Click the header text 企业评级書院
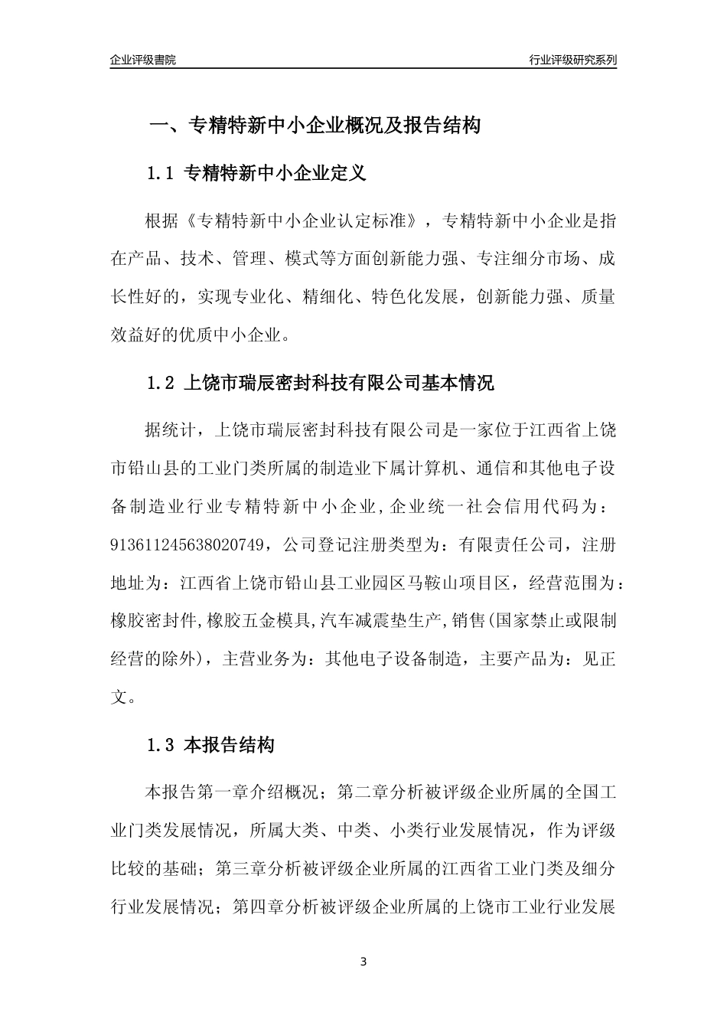pyautogui.click(x=143, y=60)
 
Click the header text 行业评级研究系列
pyautogui.click(x=572, y=60)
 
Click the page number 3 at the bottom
pyautogui.click(x=363, y=962)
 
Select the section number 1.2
pyautogui.click(x=161, y=383)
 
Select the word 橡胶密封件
pyautogui.click(x=156, y=620)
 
